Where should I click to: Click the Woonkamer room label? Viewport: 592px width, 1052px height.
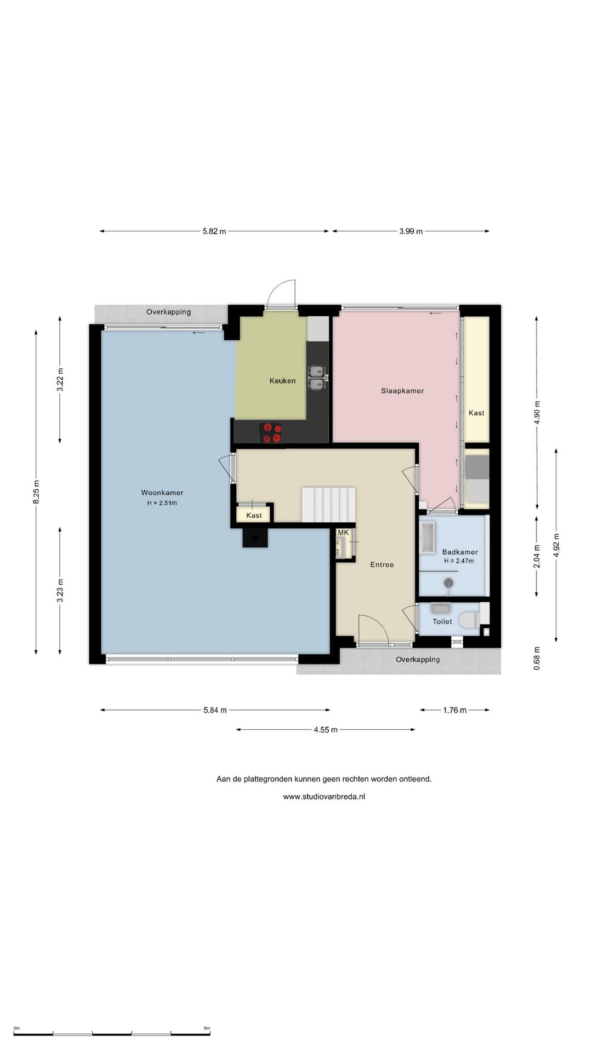(162, 493)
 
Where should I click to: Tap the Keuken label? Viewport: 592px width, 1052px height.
(282, 381)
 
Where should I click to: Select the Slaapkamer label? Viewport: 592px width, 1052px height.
(402, 391)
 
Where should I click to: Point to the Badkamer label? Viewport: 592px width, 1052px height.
(460, 552)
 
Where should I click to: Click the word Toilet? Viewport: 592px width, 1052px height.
(442, 621)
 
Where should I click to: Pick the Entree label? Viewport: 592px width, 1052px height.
(382, 564)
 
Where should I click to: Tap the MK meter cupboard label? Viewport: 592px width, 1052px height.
(343, 533)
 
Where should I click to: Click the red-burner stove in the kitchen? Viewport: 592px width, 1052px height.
(270, 432)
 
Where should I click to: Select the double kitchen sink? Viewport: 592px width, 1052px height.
(317, 378)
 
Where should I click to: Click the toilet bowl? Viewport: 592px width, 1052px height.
(468, 620)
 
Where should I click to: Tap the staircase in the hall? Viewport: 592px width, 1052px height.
(328, 505)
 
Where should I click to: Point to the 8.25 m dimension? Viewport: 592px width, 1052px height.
(36, 492)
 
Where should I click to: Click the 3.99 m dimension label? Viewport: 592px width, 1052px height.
(411, 231)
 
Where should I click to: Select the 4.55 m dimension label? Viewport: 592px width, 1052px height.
(326, 730)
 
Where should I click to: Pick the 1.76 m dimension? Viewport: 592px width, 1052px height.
(455, 710)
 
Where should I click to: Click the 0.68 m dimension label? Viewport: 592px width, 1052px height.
(537, 658)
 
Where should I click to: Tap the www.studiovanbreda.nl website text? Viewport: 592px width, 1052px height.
(324, 797)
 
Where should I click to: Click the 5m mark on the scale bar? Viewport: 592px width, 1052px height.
(207, 1028)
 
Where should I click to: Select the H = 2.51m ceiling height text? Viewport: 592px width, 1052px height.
(162, 503)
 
